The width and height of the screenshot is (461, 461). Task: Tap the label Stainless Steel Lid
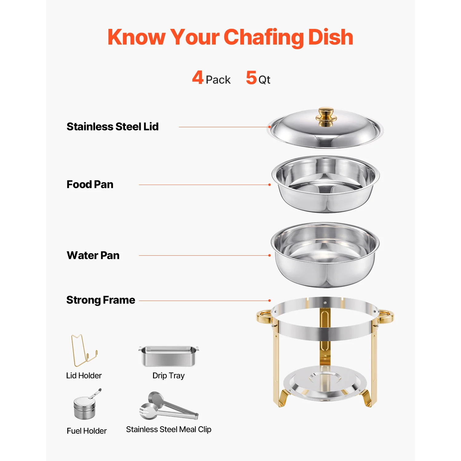(x=112, y=127)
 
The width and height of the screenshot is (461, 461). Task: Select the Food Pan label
(x=90, y=184)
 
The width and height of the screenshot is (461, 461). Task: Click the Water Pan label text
(x=93, y=255)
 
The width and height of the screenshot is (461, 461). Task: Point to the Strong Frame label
(x=101, y=300)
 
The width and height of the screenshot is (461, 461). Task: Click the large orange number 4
(x=198, y=77)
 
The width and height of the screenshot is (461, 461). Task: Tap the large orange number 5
(x=251, y=77)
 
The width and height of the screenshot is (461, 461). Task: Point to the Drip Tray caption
(x=168, y=376)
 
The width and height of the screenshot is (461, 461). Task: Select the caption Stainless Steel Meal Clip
(x=169, y=429)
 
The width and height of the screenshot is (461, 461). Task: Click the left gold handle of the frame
(x=264, y=317)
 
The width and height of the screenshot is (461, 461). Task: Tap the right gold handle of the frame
(x=386, y=317)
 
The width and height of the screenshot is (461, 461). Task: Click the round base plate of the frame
(x=325, y=383)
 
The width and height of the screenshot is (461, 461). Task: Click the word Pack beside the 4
(x=218, y=80)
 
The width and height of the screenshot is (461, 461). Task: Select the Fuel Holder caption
(x=87, y=431)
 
